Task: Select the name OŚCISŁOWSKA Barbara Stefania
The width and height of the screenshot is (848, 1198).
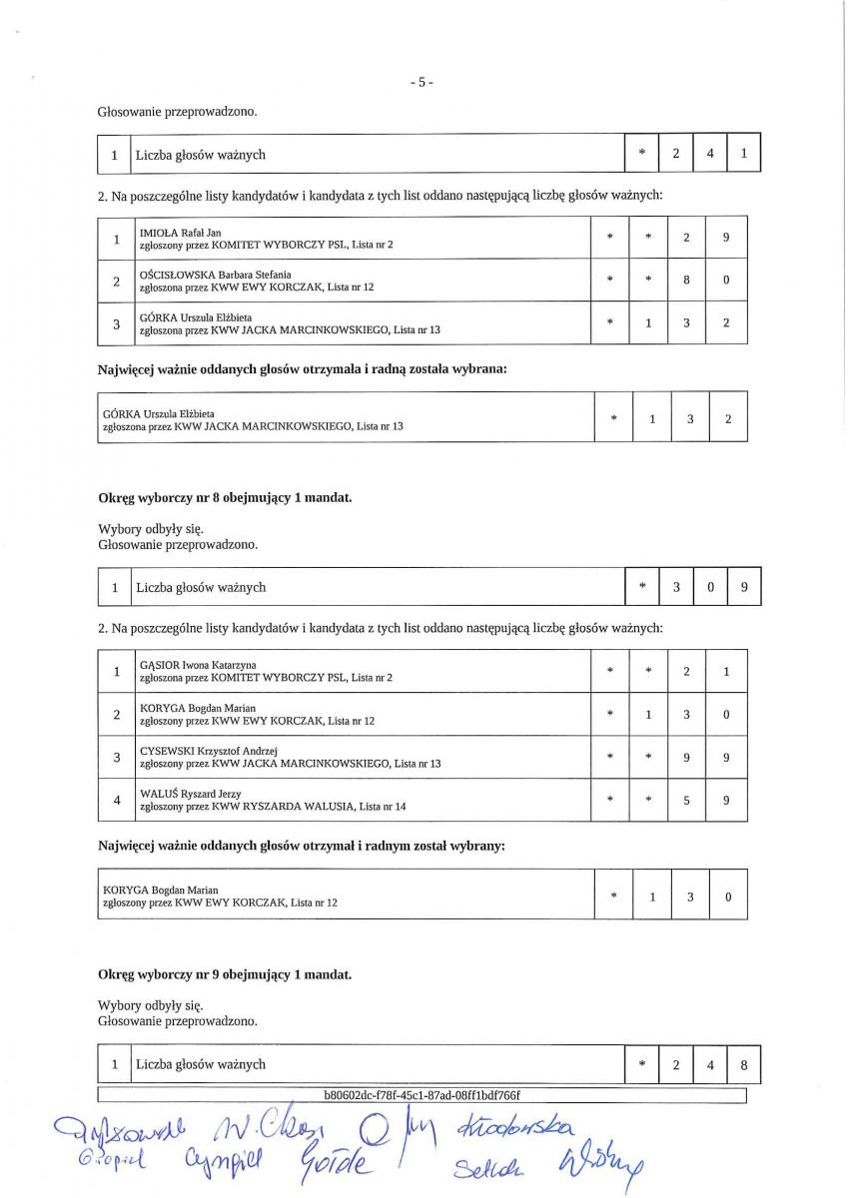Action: (215, 274)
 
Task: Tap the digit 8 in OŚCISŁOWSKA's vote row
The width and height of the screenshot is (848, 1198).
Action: (686, 281)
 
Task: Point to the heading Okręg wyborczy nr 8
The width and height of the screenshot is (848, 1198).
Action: (224, 496)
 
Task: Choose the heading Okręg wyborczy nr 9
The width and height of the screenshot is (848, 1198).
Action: (224, 973)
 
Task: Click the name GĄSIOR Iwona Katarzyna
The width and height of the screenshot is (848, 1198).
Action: (198, 665)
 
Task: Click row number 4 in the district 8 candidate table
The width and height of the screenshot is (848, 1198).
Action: (117, 800)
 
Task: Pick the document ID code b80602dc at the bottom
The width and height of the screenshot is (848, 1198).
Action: (423, 1094)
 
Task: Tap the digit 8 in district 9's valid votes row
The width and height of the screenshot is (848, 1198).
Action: (743, 1064)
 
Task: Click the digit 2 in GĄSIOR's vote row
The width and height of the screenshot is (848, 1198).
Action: (686, 672)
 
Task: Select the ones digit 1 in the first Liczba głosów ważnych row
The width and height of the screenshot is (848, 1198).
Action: (743, 154)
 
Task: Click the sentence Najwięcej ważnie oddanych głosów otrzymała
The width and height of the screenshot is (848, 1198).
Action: (302, 369)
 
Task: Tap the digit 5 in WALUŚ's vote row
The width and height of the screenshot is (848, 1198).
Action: (686, 800)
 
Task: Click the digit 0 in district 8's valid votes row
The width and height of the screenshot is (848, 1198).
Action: (709, 587)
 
